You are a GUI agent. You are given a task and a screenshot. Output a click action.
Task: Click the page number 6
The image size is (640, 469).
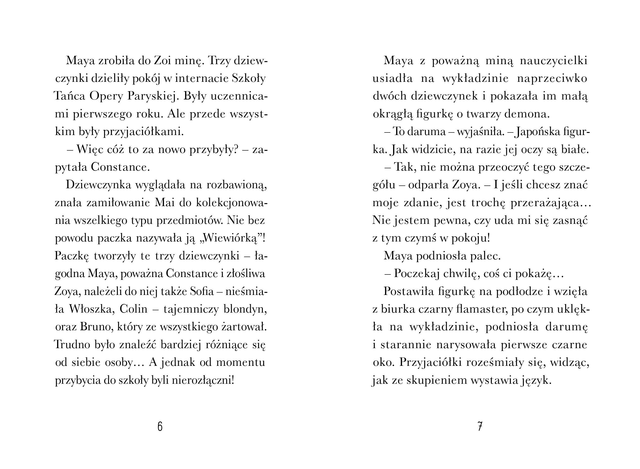(x=160, y=426)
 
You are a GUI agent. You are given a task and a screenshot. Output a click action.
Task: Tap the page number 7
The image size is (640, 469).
(x=480, y=426)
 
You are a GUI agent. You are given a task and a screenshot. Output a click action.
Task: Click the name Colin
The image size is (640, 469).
(x=134, y=309)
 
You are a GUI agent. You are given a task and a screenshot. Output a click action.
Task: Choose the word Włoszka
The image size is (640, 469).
(x=92, y=309)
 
